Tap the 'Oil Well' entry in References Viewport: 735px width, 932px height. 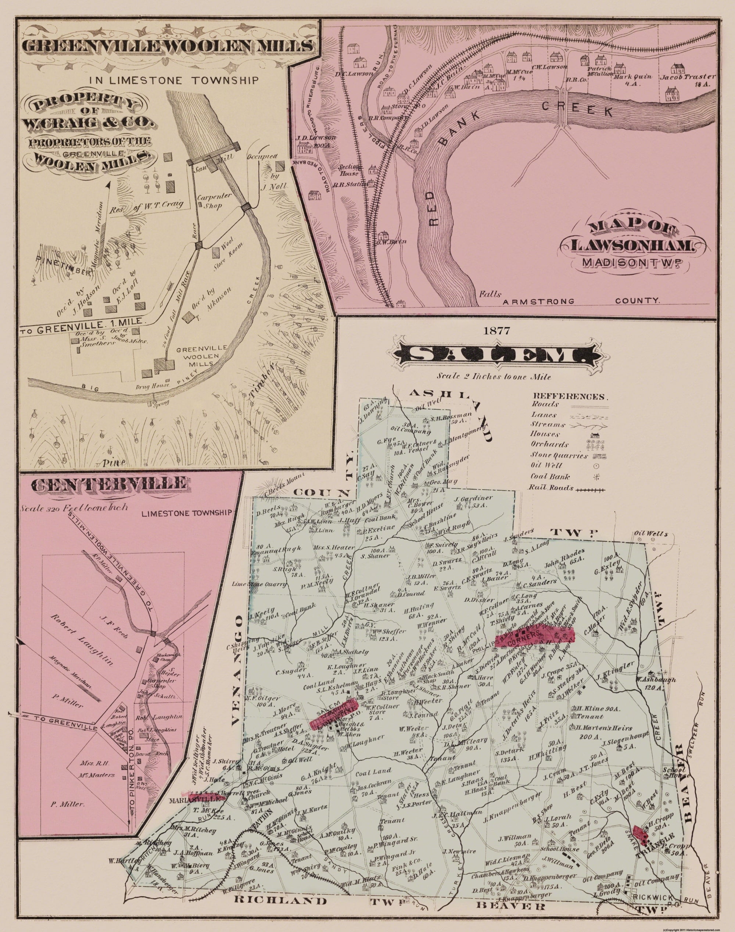546,465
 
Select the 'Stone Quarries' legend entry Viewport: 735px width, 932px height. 555,455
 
